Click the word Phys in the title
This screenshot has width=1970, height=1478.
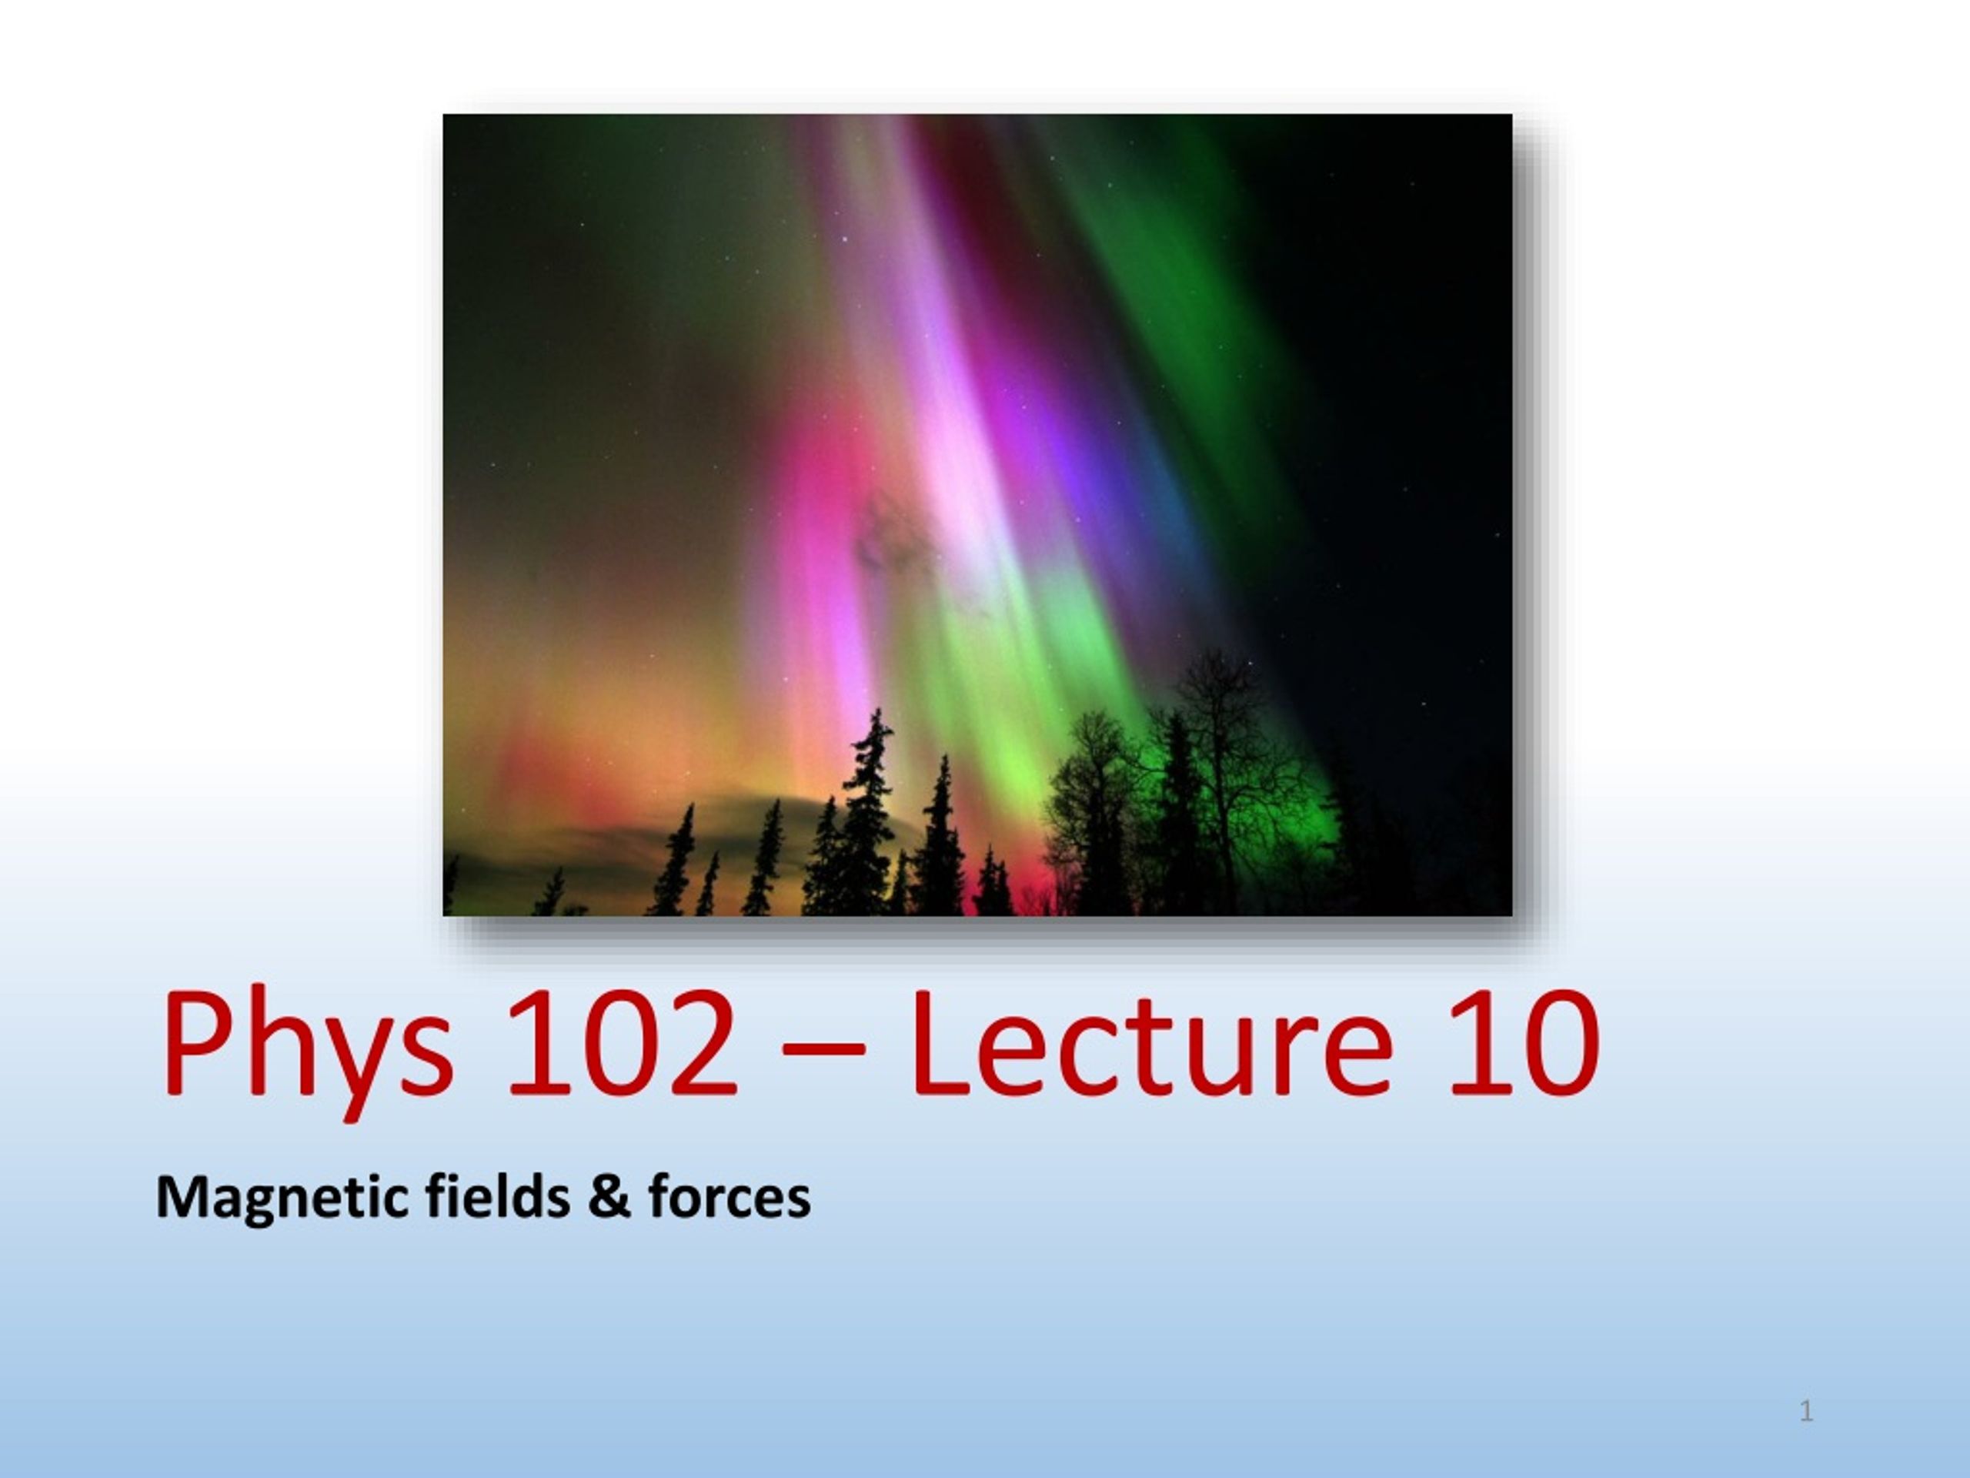(306, 1047)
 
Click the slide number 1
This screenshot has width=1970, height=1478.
(1806, 1411)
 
